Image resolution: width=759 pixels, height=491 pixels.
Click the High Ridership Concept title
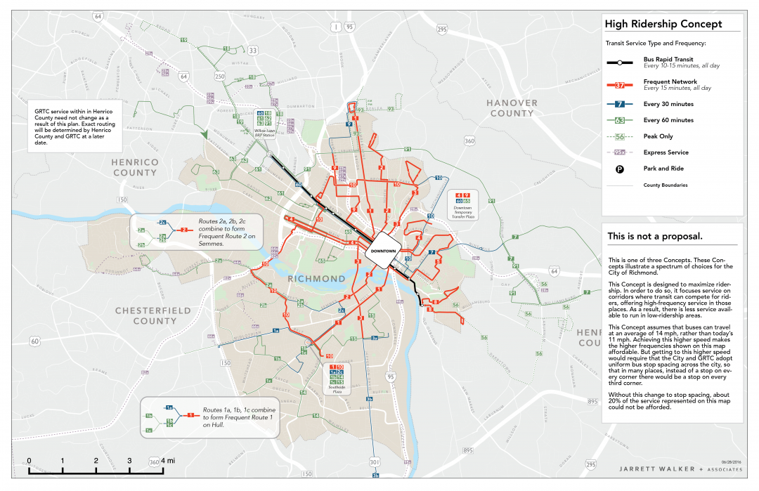(x=664, y=24)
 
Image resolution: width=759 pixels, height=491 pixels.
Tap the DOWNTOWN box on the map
(x=383, y=251)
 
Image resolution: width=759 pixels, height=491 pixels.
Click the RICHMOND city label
(x=316, y=279)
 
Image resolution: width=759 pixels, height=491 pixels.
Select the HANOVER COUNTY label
(x=512, y=108)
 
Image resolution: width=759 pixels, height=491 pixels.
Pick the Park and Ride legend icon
(x=620, y=169)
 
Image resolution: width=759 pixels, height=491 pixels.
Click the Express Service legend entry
(x=666, y=152)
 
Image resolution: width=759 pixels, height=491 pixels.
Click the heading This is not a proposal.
(x=655, y=236)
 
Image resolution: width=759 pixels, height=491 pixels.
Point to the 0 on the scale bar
(x=29, y=461)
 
